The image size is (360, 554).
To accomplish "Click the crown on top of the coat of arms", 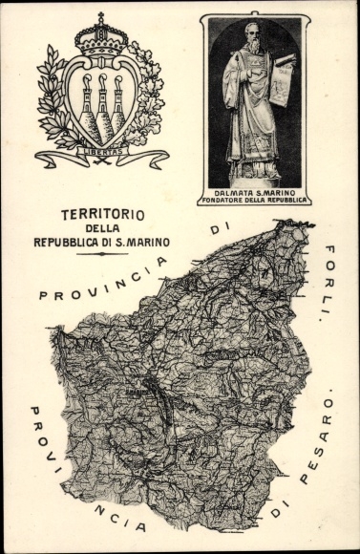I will click(101, 38).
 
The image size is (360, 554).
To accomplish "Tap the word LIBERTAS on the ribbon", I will click(101, 149).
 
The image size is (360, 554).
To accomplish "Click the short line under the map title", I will click(102, 253).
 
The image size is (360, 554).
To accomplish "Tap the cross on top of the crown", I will click(101, 17).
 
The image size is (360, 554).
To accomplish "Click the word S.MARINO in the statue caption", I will click(278, 191).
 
